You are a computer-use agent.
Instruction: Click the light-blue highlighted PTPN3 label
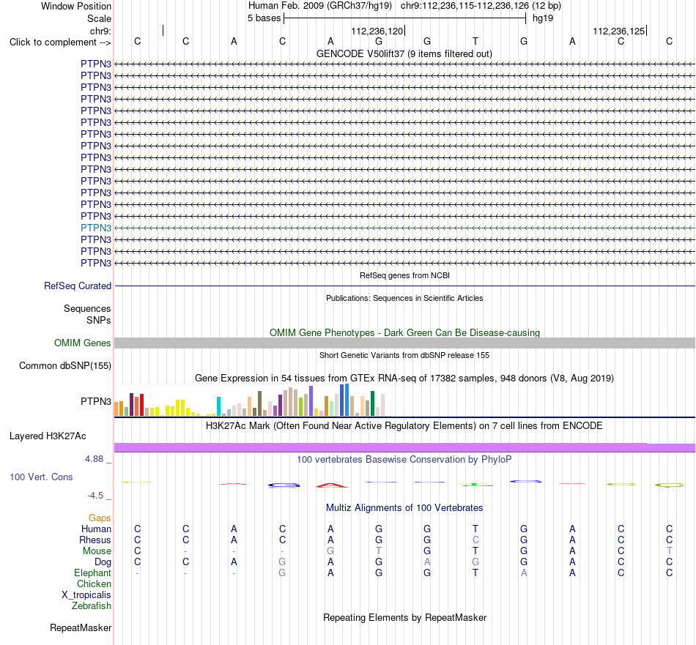pos(96,228)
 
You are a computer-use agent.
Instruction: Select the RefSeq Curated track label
pos(78,286)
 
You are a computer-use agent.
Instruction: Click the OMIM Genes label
pos(83,343)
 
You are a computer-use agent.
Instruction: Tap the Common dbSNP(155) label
pos(65,366)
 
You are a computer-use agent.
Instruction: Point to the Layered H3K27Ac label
pos(48,436)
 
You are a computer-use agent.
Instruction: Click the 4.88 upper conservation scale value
pos(94,459)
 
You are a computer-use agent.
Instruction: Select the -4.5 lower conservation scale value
pos(95,496)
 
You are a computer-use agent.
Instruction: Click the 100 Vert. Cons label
pos(41,477)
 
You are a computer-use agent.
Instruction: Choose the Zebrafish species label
pos(92,606)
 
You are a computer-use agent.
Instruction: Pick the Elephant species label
pos(93,573)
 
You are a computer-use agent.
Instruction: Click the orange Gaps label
pos(100,518)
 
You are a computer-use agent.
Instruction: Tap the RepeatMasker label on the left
pos(81,628)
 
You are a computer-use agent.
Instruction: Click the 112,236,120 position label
pos(377,31)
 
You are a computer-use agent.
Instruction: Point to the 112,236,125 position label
pos(619,31)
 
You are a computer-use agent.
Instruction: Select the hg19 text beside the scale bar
pos(543,18)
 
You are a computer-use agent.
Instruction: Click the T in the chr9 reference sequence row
pos(475,42)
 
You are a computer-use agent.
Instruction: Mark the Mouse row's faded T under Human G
pos(379,551)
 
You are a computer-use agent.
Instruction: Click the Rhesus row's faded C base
pos(475,540)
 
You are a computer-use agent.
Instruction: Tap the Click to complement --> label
pos(60,42)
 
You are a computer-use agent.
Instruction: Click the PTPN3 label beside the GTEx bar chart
pos(96,401)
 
